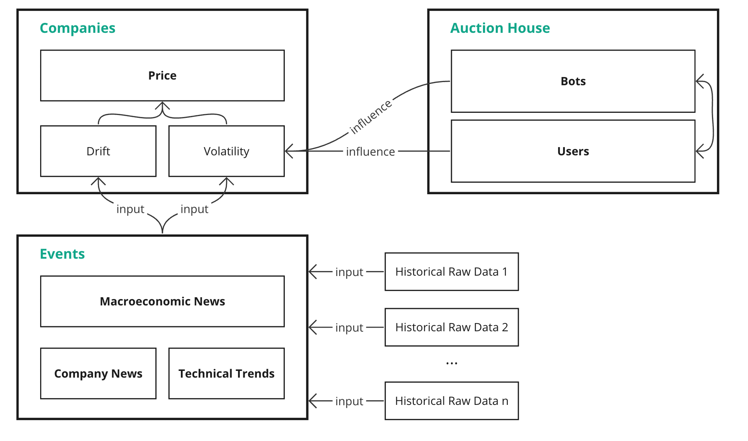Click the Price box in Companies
pos(162,76)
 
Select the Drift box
pos(98,151)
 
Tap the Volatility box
pos(226,151)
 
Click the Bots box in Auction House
pos(573,81)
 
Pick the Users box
pos(573,151)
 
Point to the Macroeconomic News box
pos(162,301)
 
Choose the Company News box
pos(98,373)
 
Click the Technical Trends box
pos(226,373)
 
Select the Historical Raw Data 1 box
pos(451,272)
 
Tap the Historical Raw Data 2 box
pos(451,327)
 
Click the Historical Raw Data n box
pos(451,401)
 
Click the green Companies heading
pos(78,28)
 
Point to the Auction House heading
pos(499,28)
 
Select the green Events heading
pos(62,254)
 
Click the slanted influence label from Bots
pos(370,116)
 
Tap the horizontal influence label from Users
pos(370,152)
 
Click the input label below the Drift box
pos(130,209)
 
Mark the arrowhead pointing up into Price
pos(162,106)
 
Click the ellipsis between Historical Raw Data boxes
pos(452,363)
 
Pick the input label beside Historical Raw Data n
pos(349,401)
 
